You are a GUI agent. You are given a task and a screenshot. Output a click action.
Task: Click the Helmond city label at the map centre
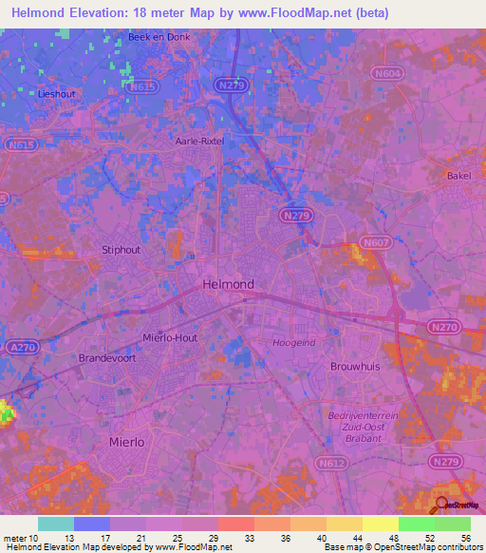point(228,284)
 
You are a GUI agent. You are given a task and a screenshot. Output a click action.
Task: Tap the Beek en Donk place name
point(154,38)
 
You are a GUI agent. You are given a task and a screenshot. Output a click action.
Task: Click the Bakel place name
point(458,176)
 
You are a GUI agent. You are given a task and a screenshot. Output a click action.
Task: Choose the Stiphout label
point(121,250)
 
